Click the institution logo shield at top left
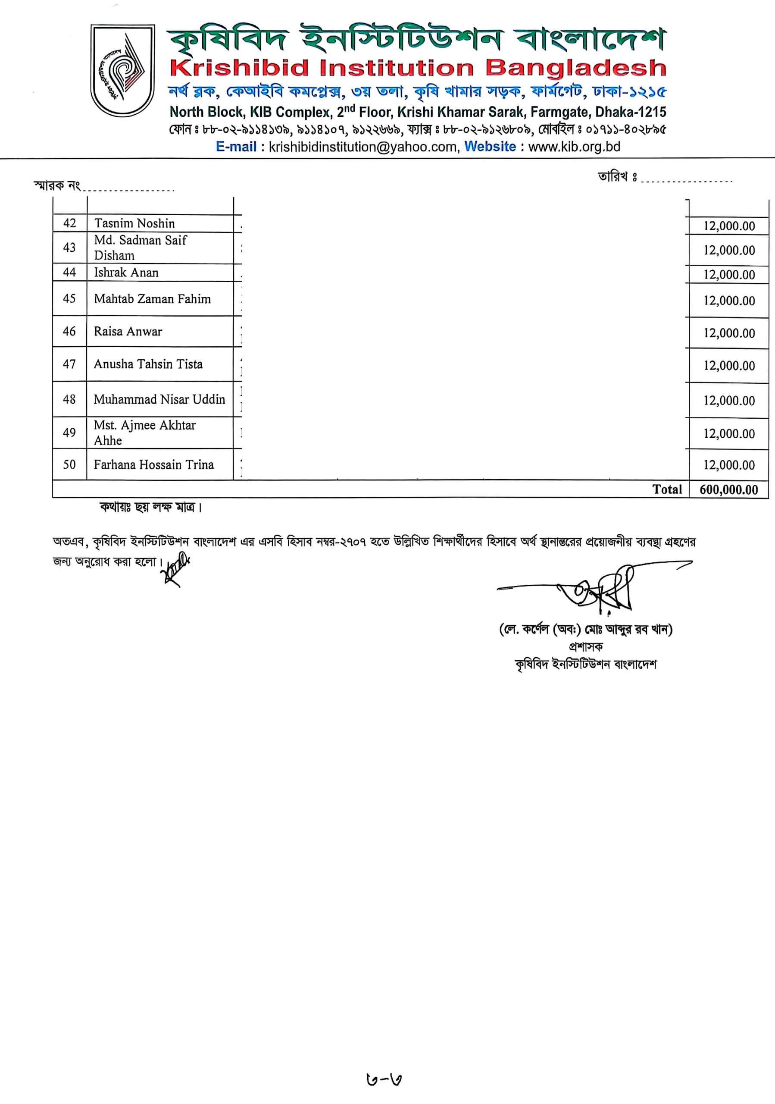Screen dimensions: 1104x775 coord(123,71)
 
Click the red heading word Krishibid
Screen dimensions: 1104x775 coord(239,68)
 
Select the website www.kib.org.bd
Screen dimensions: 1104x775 coord(574,147)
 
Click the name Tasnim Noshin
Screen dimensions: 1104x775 coord(134,223)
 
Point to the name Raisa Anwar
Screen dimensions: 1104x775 coord(128,331)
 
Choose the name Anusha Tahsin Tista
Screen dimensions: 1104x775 coord(148,364)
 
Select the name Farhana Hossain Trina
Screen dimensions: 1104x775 coord(153,464)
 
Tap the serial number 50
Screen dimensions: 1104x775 coord(70,464)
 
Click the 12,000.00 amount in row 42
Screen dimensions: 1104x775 coord(729,226)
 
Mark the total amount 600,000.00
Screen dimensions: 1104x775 coord(728,490)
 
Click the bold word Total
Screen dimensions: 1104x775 coord(667,489)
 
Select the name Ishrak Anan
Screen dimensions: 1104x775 coord(126,273)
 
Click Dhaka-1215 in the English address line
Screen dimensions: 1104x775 coord(630,113)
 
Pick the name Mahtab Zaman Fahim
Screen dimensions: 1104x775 coord(152,299)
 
